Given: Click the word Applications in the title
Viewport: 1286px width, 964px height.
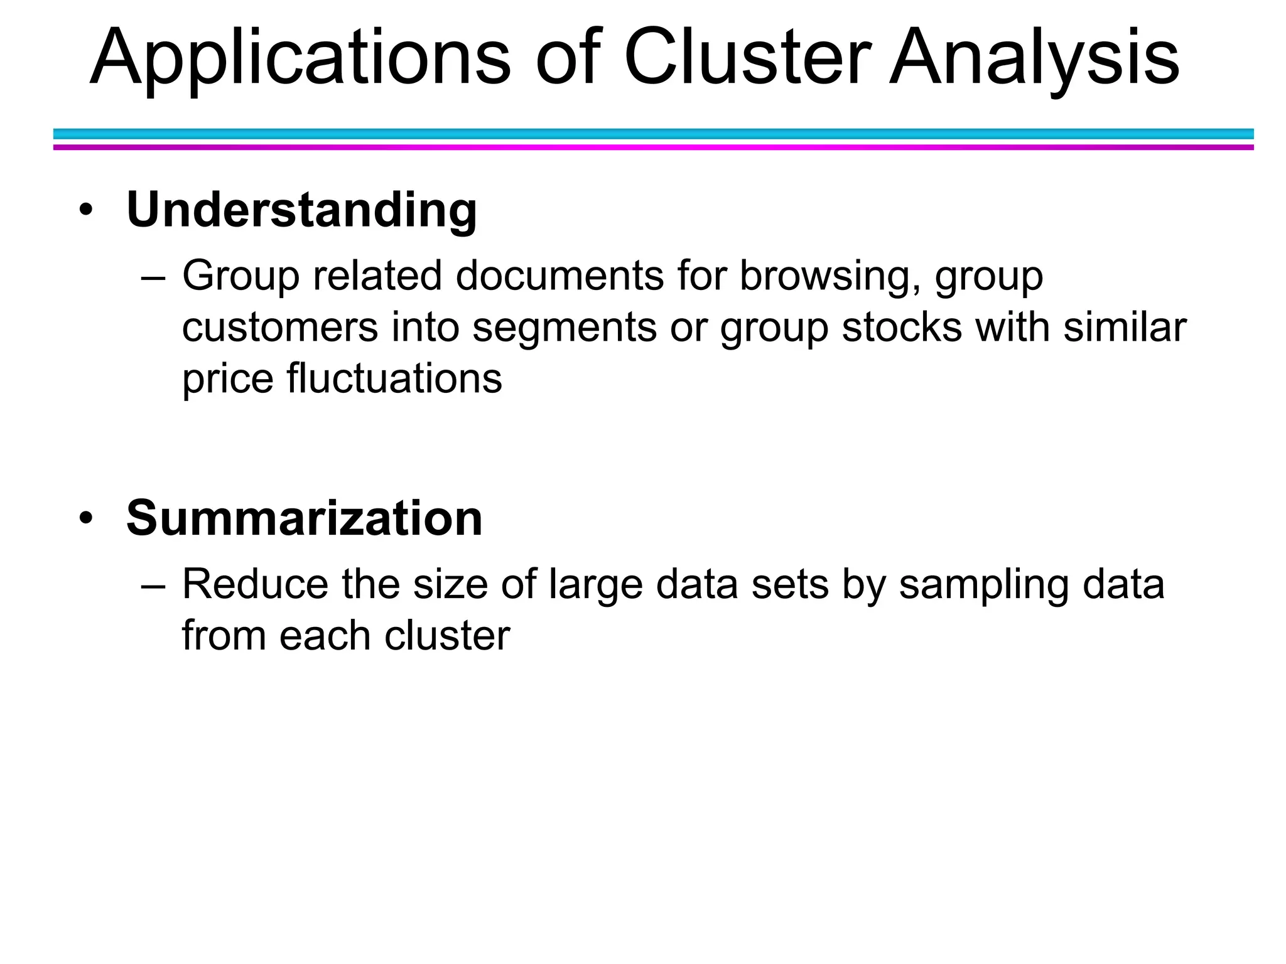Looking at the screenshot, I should point(300,58).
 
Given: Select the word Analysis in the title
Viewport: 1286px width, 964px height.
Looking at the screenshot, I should point(1034,58).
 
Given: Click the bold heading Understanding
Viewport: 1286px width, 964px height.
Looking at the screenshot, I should point(301,210).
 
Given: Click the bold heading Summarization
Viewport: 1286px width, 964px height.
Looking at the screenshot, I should point(304,518).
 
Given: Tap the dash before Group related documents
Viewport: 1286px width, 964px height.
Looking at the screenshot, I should point(153,277).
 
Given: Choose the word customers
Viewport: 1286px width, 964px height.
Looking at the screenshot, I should point(280,328).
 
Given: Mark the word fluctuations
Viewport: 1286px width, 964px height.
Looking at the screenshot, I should point(394,379).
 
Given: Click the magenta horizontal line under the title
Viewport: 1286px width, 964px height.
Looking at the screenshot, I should point(653,147).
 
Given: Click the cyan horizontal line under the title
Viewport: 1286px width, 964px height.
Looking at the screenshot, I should point(653,134).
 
